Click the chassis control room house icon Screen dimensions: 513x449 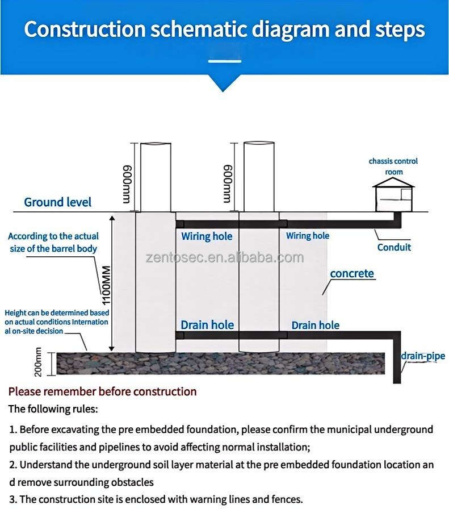(393, 194)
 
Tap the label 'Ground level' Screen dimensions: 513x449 (57, 202)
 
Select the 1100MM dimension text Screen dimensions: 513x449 (106, 285)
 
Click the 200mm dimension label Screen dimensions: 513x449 (39, 362)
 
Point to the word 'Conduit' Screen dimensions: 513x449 (394, 247)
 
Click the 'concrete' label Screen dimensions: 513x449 (352, 273)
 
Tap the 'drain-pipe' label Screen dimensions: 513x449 (423, 356)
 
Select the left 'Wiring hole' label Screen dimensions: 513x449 (207, 236)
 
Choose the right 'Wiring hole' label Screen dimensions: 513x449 (307, 236)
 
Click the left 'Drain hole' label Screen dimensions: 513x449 (207, 325)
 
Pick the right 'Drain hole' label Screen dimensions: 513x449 (316, 325)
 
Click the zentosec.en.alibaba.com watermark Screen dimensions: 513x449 (224, 258)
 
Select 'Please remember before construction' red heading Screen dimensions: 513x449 (102, 391)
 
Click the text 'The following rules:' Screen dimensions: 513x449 (53, 408)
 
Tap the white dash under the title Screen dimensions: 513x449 (224, 60)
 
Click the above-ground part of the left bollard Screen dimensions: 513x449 (156, 177)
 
